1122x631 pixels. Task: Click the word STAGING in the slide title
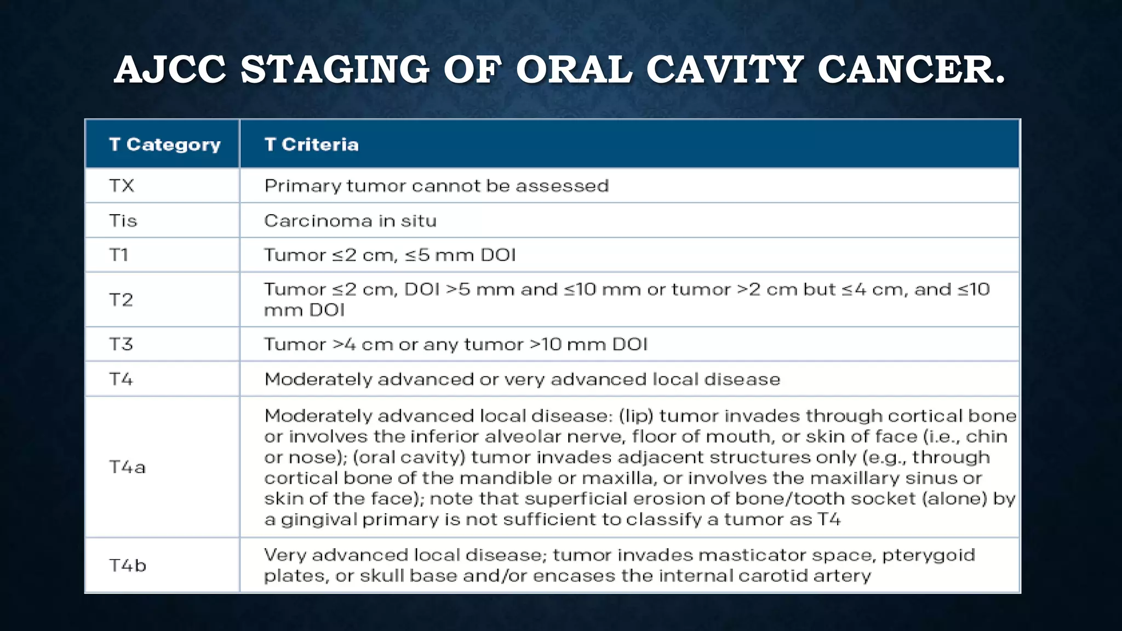pyautogui.click(x=335, y=70)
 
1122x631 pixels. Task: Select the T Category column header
pyautogui.click(x=164, y=145)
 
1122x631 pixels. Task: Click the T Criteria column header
pyautogui.click(x=311, y=145)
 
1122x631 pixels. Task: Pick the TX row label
pyautogui.click(x=122, y=186)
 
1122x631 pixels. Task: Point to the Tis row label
pyautogui.click(x=123, y=221)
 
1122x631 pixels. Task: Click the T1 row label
pyautogui.click(x=119, y=255)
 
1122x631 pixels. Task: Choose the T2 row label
pyautogui.click(x=121, y=300)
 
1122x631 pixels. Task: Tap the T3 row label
pyautogui.click(x=121, y=345)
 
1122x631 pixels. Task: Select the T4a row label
pyautogui.click(x=127, y=467)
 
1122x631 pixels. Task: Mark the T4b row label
pyautogui.click(x=127, y=565)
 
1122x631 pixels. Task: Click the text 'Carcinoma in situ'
pyautogui.click(x=350, y=221)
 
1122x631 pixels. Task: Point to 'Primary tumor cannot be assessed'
pyautogui.click(x=436, y=186)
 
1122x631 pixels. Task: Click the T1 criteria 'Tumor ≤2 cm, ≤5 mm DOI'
pyautogui.click(x=390, y=255)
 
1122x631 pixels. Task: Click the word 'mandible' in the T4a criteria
pyautogui.click(x=504, y=478)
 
